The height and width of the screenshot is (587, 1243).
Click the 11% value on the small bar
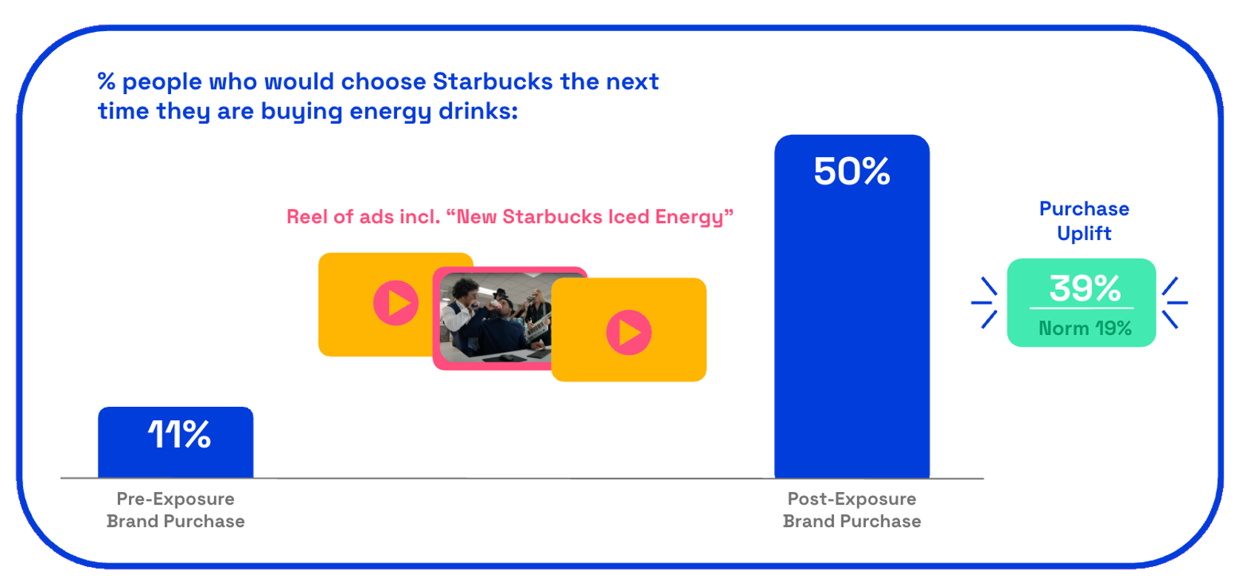[x=179, y=434]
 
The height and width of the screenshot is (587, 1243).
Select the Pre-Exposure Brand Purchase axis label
[x=176, y=510]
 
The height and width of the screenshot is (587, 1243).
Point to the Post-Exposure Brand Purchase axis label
[x=852, y=510]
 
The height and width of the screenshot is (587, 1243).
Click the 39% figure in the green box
[x=1085, y=288]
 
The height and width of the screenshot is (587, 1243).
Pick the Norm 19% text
[x=1085, y=328]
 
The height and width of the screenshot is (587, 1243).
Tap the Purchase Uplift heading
[x=1084, y=221]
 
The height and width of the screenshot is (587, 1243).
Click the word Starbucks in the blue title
[x=493, y=82]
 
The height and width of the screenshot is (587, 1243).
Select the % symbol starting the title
[x=106, y=82]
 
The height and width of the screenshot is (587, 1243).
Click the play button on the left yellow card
[x=396, y=303]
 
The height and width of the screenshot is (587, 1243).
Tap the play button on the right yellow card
[x=629, y=332]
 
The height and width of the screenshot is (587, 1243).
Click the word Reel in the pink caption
[x=306, y=216]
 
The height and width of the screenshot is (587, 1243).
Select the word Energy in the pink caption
[x=689, y=217]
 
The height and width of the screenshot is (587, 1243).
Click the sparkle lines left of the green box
[x=984, y=302]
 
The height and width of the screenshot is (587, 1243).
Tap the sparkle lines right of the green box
[x=1175, y=302]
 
